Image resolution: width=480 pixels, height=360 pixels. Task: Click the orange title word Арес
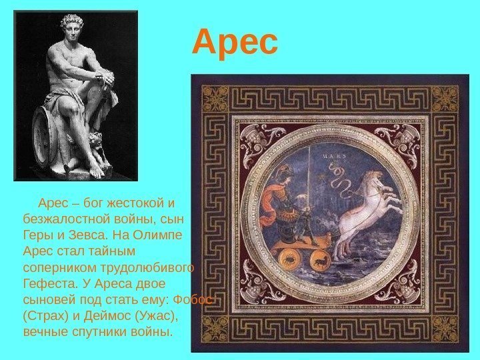(x=235, y=43)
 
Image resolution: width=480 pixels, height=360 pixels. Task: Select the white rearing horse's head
(x=376, y=179)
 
